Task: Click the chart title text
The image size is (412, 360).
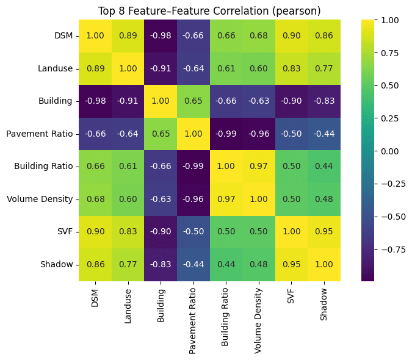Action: click(209, 10)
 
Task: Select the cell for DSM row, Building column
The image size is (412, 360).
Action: click(161, 36)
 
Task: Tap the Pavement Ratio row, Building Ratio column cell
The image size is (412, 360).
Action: click(226, 134)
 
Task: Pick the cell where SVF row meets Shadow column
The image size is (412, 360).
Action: click(324, 232)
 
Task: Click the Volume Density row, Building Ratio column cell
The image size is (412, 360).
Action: click(226, 199)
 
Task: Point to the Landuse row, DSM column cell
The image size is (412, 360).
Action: click(95, 69)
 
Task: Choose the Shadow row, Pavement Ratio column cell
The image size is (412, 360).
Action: click(193, 264)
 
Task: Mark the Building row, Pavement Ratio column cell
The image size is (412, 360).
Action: click(193, 101)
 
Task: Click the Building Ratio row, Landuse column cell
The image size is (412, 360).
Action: click(128, 167)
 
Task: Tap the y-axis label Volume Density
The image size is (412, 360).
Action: click(41, 199)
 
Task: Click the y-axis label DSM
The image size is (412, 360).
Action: click(63, 36)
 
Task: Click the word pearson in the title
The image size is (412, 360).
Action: click(300, 10)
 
